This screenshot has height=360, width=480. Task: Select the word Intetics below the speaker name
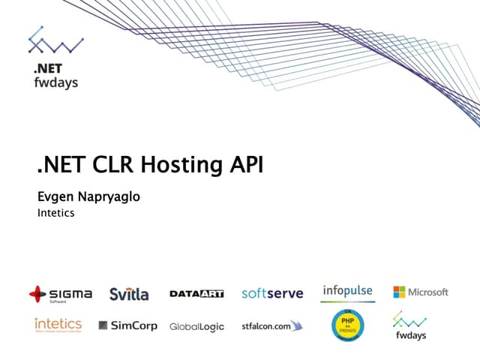pyautogui.click(x=55, y=214)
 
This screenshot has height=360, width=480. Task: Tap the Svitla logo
pyautogui.click(x=129, y=293)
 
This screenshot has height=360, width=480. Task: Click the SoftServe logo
pyautogui.click(x=272, y=293)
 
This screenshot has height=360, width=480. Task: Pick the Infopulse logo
pyautogui.click(x=347, y=292)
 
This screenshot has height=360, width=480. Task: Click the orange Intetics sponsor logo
pyautogui.click(x=58, y=325)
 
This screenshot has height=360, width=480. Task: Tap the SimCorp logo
pyautogui.click(x=127, y=325)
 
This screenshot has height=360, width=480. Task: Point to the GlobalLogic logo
pyautogui.click(x=196, y=327)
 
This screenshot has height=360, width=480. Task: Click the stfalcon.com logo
pyautogui.click(x=271, y=325)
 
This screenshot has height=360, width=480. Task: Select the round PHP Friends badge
pyautogui.click(x=347, y=325)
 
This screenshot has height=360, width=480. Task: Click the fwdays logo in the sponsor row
pyautogui.click(x=410, y=325)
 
